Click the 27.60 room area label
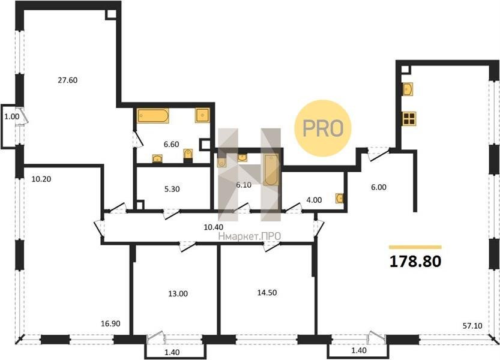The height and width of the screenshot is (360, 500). click(x=68, y=80)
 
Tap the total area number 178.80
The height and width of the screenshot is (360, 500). click(x=415, y=262)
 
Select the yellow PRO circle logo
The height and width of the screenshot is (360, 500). click(x=323, y=128)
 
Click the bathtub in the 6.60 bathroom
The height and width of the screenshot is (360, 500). click(x=153, y=116)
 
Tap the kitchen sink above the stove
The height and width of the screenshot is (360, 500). click(x=408, y=89)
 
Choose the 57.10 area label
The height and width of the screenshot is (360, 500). click(x=472, y=326)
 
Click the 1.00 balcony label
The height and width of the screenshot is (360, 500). click(x=12, y=117)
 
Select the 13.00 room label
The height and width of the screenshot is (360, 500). click(x=178, y=293)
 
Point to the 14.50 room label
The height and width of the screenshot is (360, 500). click(x=267, y=293)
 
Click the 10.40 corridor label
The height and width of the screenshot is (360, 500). click(x=213, y=227)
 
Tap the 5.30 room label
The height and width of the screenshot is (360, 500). click(x=172, y=189)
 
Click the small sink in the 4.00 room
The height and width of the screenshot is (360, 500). click(x=340, y=199)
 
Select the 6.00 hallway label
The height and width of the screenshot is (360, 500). click(x=379, y=187)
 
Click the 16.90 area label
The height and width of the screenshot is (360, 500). click(x=110, y=324)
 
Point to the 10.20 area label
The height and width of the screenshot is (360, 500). click(x=41, y=179)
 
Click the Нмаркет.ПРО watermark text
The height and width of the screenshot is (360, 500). click(x=250, y=236)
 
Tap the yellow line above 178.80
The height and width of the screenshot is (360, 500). click(x=415, y=247)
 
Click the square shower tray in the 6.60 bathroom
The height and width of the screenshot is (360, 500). click(x=202, y=115)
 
